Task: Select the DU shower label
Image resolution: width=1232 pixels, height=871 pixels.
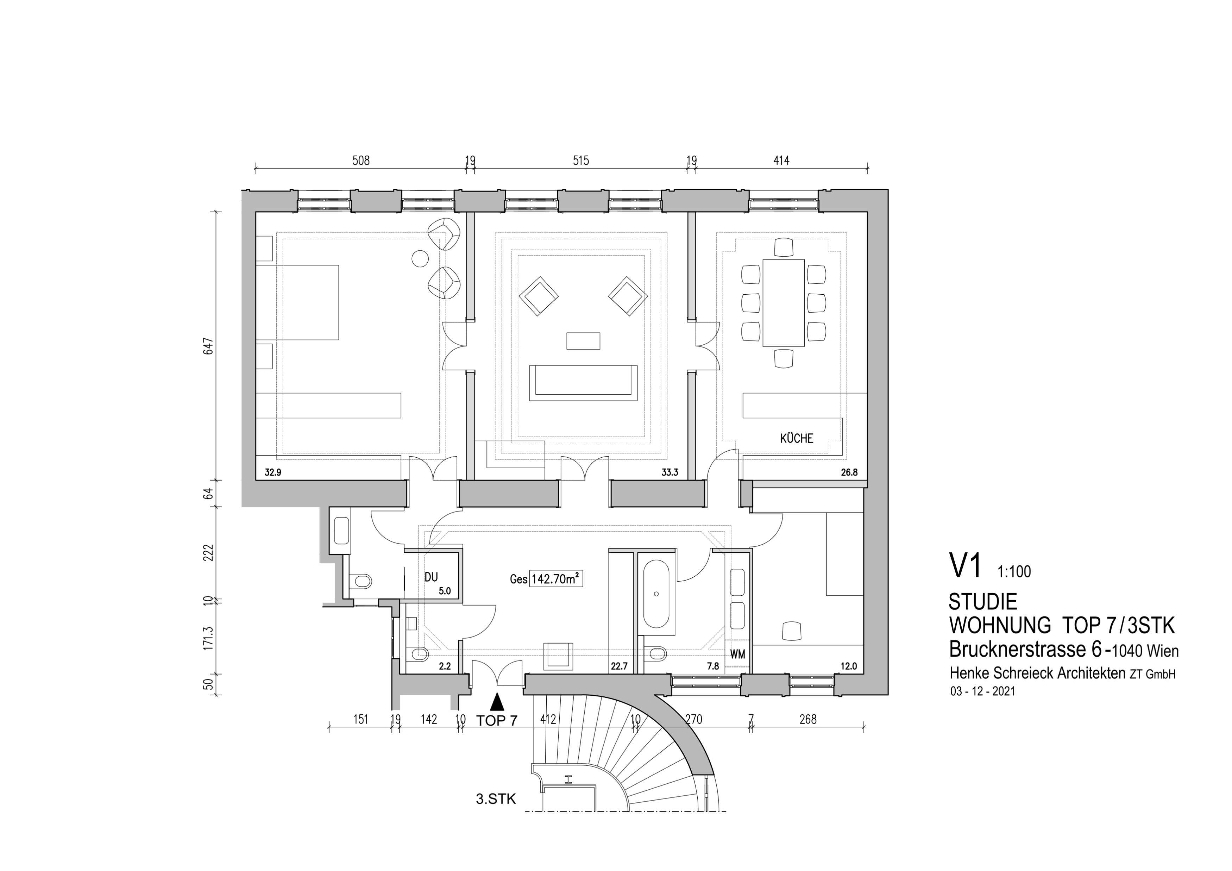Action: coord(431,577)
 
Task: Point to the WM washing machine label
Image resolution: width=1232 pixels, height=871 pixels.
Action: coord(738,655)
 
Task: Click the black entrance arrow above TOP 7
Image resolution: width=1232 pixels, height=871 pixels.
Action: coord(497,701)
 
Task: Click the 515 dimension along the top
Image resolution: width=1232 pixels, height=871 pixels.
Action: coord(580,161)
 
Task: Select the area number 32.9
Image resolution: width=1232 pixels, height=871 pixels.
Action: coord(273,473)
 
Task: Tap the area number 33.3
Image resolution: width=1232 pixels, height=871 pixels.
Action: coord(670,473)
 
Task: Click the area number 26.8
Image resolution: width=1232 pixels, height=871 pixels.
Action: coord(849,473)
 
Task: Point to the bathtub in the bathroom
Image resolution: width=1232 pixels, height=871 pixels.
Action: coord(656,594)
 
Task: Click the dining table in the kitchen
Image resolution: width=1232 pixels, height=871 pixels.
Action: coord(784,303)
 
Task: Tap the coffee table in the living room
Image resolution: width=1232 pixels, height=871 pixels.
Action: coord(583,341)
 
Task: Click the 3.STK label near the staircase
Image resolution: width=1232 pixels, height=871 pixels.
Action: coord(496,799)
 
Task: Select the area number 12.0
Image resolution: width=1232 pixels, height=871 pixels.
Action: coord(849,666)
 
